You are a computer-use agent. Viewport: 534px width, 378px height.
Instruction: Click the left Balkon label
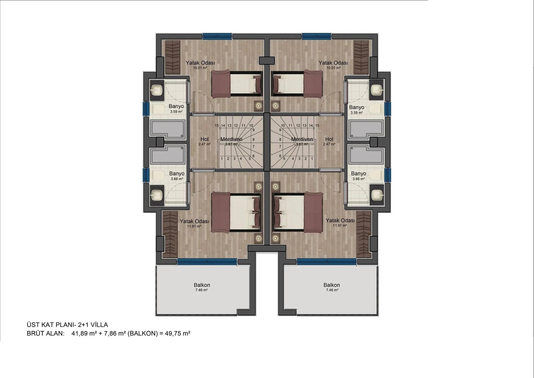coord(202,285)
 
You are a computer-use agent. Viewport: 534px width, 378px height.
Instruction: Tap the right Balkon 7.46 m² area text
coord(332,290)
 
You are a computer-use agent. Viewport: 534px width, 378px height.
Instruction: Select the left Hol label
coord(204,139)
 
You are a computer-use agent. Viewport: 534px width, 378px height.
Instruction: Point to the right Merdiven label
coord(302,139)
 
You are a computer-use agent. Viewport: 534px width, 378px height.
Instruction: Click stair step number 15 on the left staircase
coord(217,126)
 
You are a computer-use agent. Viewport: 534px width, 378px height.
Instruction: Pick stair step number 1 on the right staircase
coord(312,159)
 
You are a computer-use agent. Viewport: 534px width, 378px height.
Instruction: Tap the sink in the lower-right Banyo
coord(377,195)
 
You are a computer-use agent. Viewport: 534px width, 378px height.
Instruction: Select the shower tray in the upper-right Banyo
coord(367,130)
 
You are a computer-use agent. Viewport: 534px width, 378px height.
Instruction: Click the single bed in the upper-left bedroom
coord(237,84)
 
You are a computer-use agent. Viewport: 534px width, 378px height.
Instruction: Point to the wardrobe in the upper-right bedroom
coord(361,57)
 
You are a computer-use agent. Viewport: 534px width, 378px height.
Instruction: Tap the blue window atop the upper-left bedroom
coord(217,36)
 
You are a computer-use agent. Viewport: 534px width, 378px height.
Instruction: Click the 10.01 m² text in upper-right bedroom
coord(333,68)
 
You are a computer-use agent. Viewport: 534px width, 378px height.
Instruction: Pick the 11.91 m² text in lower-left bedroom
coord(194,226)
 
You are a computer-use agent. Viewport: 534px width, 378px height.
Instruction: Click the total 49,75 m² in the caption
coord(177,333)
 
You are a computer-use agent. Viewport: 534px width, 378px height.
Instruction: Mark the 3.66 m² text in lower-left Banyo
coord(177,179)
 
